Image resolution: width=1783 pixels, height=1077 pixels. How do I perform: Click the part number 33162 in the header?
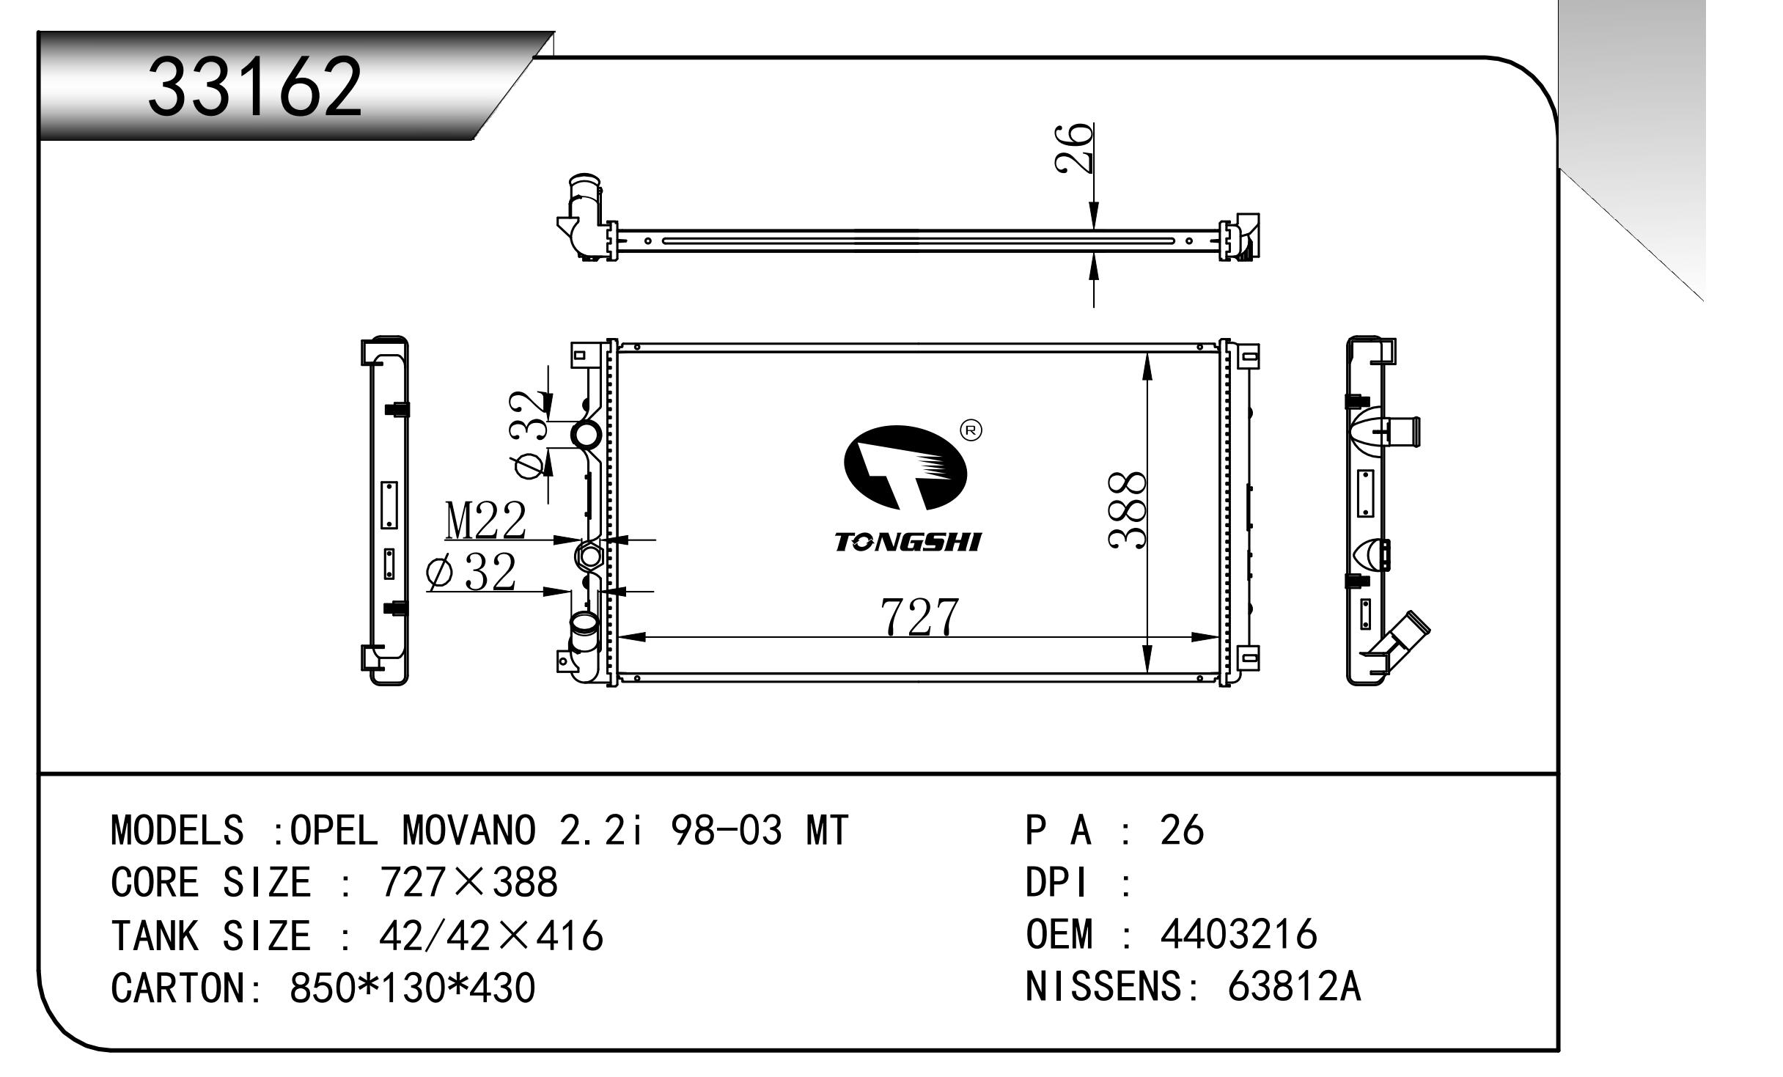click(255, 88)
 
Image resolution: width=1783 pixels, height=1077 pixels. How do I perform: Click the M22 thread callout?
click(485, 521)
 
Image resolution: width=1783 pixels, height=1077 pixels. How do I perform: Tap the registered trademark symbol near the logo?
click(970, 431)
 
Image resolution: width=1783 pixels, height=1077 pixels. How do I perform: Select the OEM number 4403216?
click(1238, 935)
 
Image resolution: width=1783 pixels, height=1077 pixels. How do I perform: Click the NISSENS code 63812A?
click(1294, 987)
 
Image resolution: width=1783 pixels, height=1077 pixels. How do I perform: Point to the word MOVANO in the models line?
click(470, 831)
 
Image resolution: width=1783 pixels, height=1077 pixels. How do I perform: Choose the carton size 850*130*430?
click(413, 988)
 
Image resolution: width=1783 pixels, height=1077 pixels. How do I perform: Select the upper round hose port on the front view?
click(587, 435)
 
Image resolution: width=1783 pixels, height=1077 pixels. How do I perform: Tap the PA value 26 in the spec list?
click(1182, 831)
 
